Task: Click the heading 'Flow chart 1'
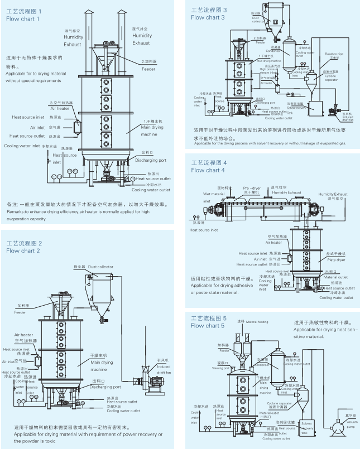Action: tap(23, 18)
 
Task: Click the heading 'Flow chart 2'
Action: tap(23, 250)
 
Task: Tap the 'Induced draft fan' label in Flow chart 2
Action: tap(164, 370)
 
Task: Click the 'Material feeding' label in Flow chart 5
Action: tap(258, 322)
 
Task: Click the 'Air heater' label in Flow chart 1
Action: tap(59, 109)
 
